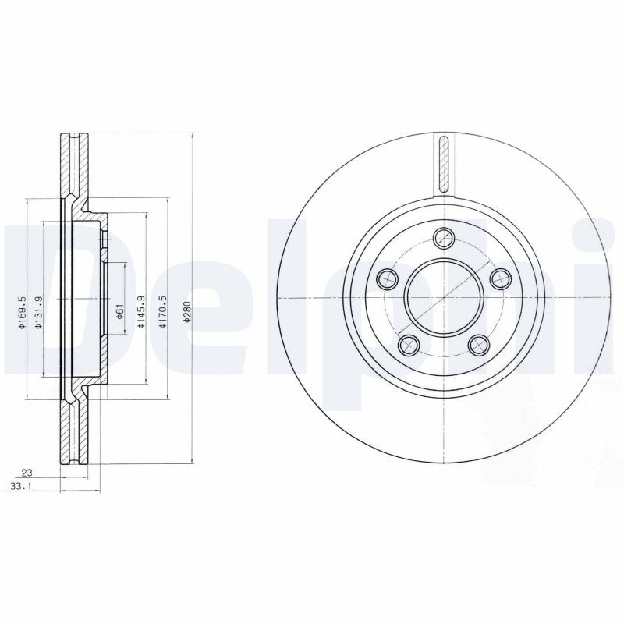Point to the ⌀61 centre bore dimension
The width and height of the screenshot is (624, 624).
pyautogui.click(x=119, y=313)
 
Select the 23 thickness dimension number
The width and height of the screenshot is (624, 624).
pyautogui.click(x=27, y=472)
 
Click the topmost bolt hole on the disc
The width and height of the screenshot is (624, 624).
pyautogui.click(x=444, y=239)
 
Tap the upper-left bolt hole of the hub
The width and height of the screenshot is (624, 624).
pyautogui.click(x=386, y=277)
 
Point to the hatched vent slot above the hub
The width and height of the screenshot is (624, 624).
pyautogui.click(x=444, y=165)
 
